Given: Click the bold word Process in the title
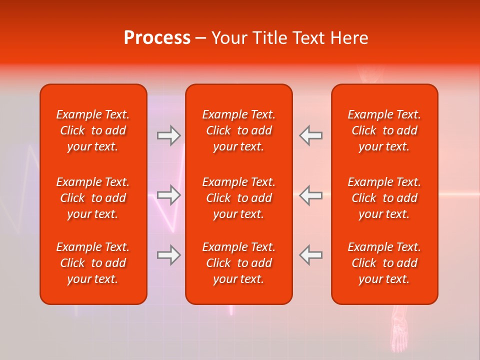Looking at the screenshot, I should [x=157, y=38].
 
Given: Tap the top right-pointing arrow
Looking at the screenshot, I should [x=168, y=135].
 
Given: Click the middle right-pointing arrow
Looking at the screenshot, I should [x=168, y=195].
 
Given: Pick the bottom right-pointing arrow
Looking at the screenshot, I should [x=168, y=255].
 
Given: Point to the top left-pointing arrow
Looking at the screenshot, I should [x=310, y=135].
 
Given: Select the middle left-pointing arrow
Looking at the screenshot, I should [x=310, y=195].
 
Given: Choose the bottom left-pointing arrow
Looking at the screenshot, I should [x=310, y=255].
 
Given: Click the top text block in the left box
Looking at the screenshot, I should [x=93, y=130].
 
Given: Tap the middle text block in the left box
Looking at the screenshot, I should [x=93, y=198].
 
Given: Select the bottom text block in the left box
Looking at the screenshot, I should [x=93, y=263].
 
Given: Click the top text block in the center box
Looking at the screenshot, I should [x=238, y=130].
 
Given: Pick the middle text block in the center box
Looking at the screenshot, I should [x=238, y=198].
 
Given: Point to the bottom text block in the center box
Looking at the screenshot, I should [x=238, y=263].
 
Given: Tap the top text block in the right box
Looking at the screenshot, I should [x=384, y=130].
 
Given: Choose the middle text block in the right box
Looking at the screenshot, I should [x=384, y=198].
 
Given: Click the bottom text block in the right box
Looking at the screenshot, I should [x=384, y=263].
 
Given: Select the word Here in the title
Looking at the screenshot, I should [x=349, y=38].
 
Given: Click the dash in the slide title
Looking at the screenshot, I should [x=200, y=38].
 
